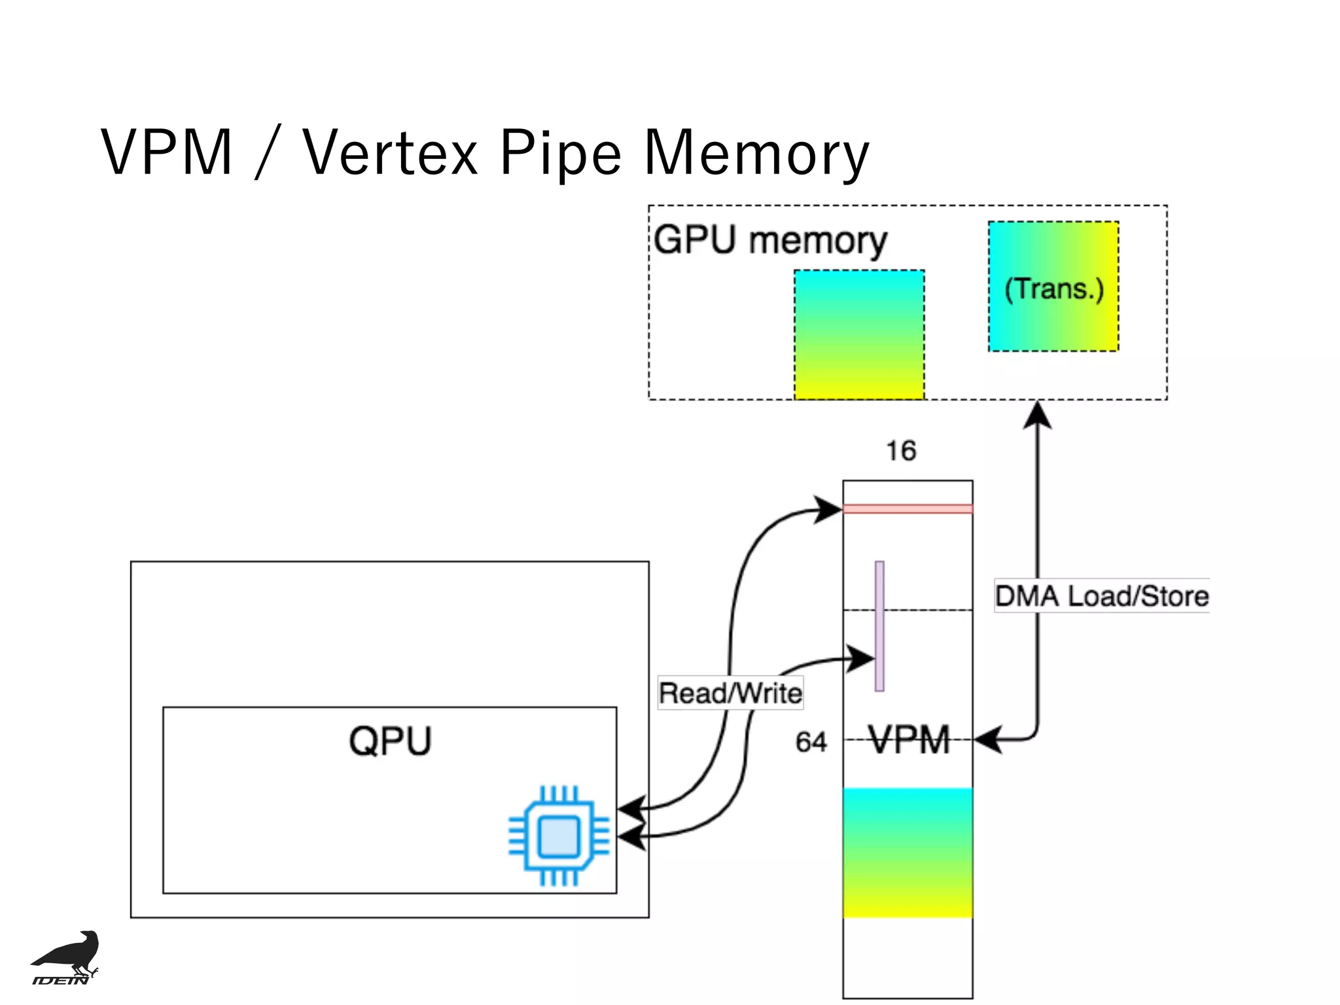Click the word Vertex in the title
point(390,154)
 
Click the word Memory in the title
point(756,154)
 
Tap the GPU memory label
point(770,240)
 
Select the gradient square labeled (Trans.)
point(1053,287)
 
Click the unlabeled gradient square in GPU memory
point(859,334)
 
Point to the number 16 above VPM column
point(901,451)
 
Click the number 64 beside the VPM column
point(811,742)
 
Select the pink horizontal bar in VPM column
point(908,509)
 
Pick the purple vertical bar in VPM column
point(879,626)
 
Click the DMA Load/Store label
point(1102,596)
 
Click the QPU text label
point(390,741)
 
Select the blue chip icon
point(559,836)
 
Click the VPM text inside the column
point(909,740)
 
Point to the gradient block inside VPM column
point(908,853)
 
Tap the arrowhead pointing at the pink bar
point(828,509)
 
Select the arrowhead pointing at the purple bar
point(861,658)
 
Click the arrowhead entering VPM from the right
point(987,740)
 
